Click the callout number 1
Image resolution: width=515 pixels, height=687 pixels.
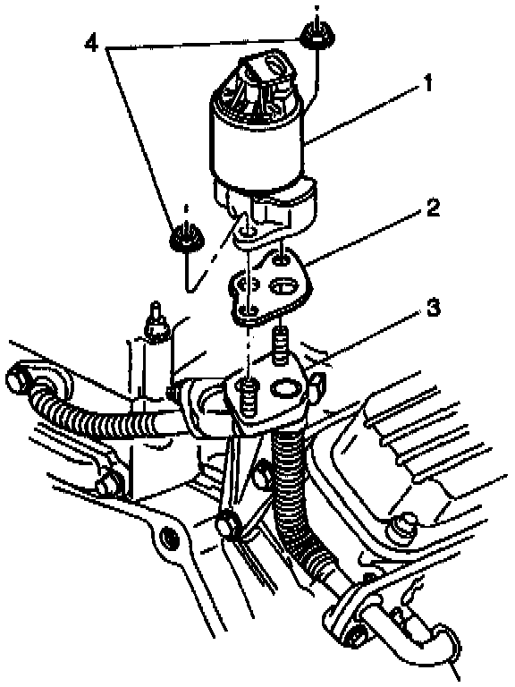click(x=427, y=82)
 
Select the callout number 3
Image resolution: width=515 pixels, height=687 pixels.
click(x=433, y=308)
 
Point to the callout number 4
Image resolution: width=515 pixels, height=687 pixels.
click(x=91, y=43)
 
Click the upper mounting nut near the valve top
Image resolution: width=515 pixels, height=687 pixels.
click(x=317, y=35)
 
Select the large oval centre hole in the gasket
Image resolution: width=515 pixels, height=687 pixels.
click(x=283, y=287)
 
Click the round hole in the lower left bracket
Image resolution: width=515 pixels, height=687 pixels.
click(x=169, y=537)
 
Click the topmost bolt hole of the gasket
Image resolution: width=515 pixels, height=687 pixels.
click(x=280, y=261)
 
